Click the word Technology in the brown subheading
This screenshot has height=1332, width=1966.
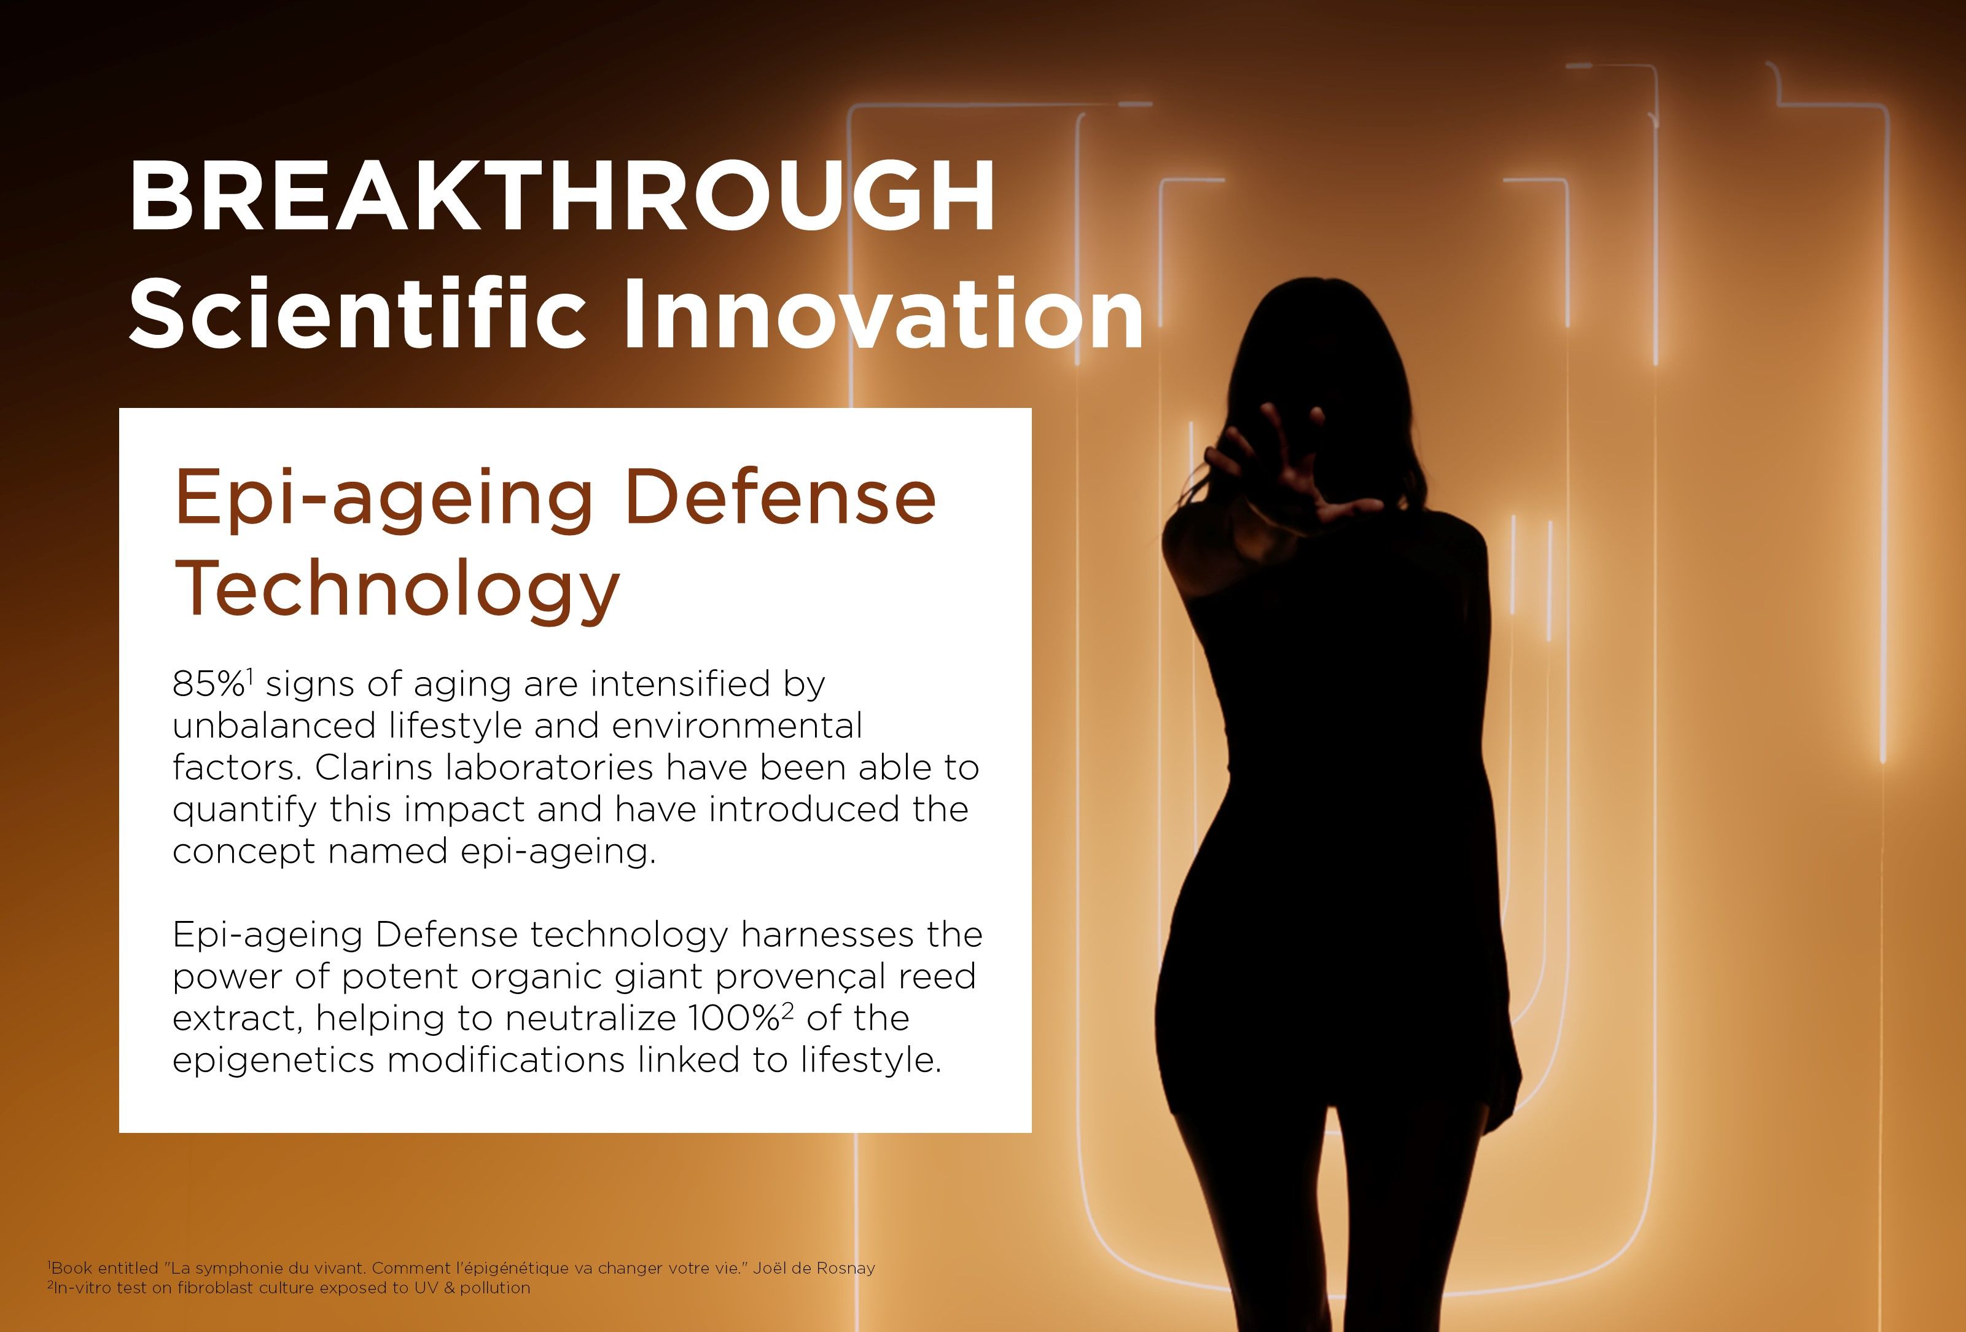click(x=397, y=590)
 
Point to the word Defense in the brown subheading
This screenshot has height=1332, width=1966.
click(x=780, y=498)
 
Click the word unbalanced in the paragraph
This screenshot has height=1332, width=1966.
click(x=274, y=725)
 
